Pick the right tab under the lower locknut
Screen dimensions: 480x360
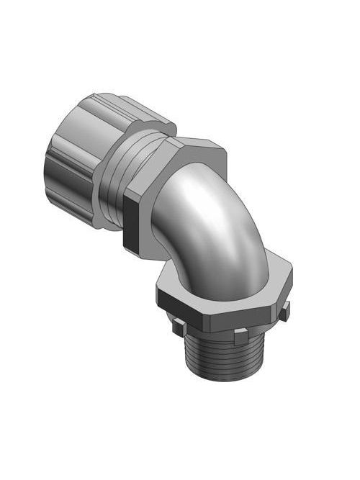[x=285, y=311]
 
